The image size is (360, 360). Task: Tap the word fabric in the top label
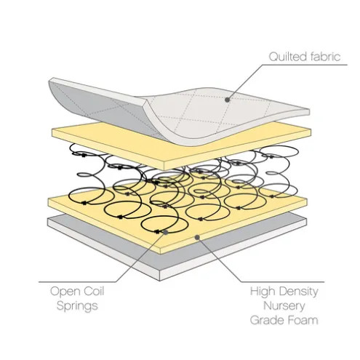point(322,57)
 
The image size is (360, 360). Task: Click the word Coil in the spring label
point(94,291)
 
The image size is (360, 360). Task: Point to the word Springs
point(77,306)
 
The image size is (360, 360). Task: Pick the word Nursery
point(284,306)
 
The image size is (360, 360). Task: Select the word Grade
point(265,320)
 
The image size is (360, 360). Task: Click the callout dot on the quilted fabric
point(227,100)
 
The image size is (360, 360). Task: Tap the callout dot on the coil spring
point(166,232)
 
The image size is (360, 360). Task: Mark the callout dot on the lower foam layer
point(197,237)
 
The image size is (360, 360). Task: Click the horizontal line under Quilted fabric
point(305,65)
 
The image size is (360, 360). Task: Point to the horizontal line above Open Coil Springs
point(78,282)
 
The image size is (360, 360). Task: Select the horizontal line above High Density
point(283,282)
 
